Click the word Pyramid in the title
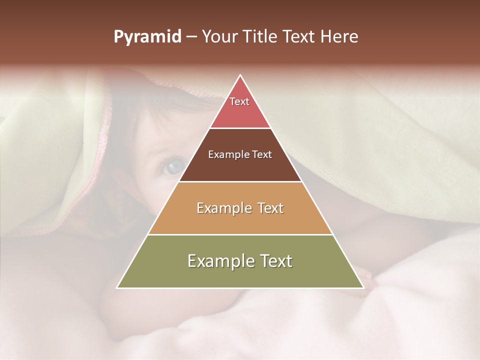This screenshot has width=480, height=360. tap(147, 37)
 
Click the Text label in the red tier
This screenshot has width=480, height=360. tap(239, 101)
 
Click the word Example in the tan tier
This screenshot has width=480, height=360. tap(222, 208)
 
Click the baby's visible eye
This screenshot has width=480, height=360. tap(173, 166)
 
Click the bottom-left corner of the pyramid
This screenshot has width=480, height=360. tap(117, 287)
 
